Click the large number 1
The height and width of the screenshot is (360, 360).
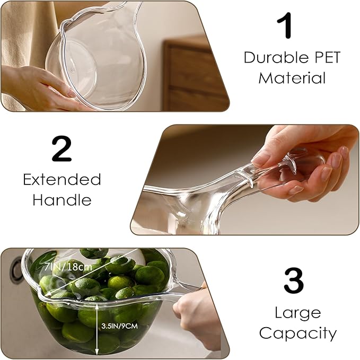[285, 25]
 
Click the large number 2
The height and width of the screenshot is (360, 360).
[62, 149]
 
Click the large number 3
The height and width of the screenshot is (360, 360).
[294, 280]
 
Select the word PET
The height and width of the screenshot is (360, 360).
[327, 57]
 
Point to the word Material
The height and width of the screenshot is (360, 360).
[292, 77]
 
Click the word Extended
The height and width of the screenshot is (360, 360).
[62, 179]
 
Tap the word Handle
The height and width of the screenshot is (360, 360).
[62, 199]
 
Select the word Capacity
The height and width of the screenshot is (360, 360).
[297, 333]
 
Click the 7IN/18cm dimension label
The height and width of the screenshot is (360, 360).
[68, 267]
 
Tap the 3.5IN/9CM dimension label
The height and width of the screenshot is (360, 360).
[120, 326]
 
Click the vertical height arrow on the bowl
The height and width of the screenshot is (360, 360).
[97, 328]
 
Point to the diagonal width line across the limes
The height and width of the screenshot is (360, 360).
[92, 272]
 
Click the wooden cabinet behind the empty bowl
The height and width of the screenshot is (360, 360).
[196, 74]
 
